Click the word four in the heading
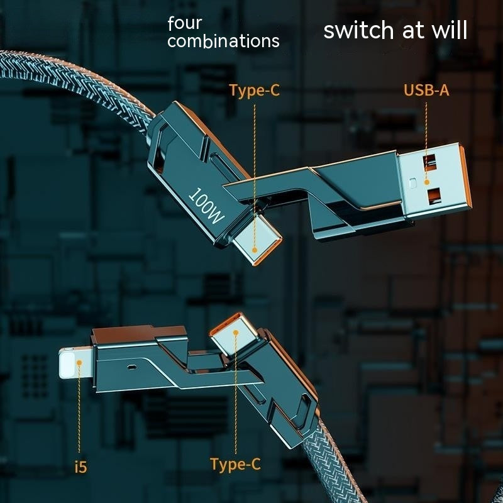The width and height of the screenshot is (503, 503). pos(185,23)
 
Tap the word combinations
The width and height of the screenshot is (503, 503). pos(223,41)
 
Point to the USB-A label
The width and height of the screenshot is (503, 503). pos(426,90)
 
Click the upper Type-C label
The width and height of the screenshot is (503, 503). pos(255,91)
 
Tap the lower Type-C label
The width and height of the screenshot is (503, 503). pos(235,465)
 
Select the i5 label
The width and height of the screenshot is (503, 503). pos(81,467)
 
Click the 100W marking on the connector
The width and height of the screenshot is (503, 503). pos(206,206)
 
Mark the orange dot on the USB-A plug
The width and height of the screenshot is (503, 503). pos(426,182)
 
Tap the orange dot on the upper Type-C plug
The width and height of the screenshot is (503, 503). pos(255,250)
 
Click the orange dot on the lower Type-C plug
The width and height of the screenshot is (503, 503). pos(235,333)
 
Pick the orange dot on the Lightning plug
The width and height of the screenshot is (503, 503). pos(79,363)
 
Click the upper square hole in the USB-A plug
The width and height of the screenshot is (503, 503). pos(429,162)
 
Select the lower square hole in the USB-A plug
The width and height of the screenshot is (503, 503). pos(434,196)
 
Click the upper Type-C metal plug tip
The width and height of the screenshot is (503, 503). pos(257,240)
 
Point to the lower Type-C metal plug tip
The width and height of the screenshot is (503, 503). pos(234,333)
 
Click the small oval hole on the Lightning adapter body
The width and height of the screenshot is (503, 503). pos(131,367)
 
